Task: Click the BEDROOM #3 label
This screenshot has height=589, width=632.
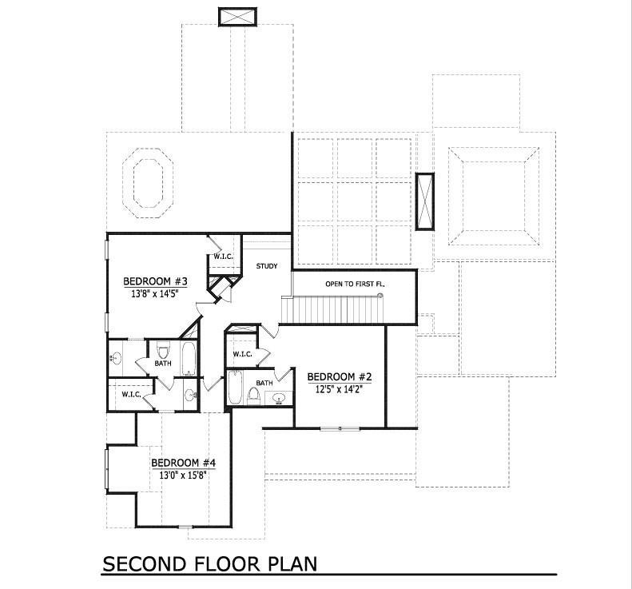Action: [154, 281]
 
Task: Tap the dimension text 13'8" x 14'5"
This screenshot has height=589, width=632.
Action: [154, 293]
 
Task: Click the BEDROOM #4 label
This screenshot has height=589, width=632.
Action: [184, 463]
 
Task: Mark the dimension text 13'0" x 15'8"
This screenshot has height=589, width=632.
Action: [184, 475]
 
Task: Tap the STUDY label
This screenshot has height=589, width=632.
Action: [267, 266]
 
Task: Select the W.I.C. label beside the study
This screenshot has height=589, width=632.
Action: [221, 257]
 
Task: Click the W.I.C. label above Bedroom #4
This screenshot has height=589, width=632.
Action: [132, 394]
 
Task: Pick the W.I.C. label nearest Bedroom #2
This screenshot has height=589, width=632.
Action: [243, 354]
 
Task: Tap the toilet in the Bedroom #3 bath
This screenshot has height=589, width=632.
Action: [163, 350]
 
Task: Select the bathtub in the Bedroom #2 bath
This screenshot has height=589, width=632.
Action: [236, 388]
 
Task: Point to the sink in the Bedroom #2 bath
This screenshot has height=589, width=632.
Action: [280, 397]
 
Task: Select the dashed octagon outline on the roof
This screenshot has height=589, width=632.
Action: [150, 182]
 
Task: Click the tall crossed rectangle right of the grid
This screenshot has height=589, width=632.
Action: [424, 201]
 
